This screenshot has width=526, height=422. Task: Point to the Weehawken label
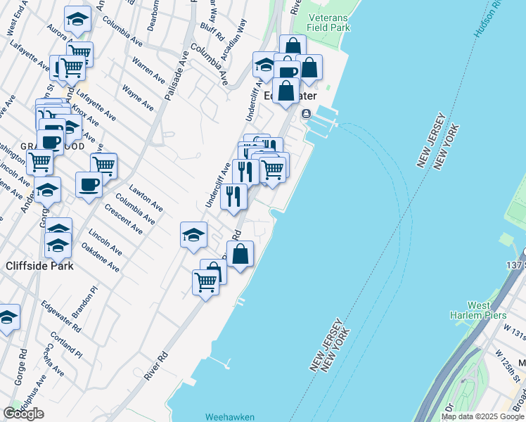tap(229, 416)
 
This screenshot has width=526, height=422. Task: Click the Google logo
tap(23, 414)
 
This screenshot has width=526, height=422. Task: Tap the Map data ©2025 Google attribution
tap(482, 416)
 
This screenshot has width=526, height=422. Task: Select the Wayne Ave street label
tap(138, 98)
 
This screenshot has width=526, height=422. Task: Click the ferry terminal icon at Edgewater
tap(306, 114)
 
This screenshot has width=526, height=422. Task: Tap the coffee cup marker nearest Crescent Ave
tap(89, 185)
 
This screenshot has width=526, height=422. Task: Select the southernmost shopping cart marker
tap(205, 283)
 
